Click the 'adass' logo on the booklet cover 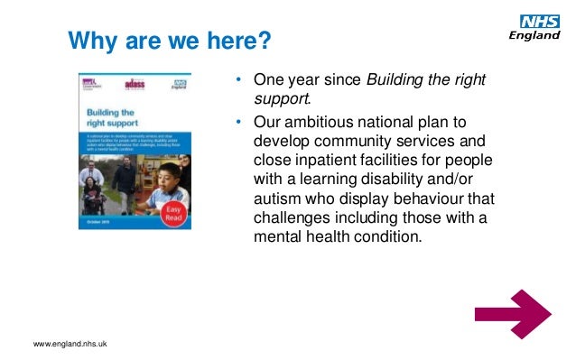point(135,83)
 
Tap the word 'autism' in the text point(277,198)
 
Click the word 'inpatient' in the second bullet point(326,161)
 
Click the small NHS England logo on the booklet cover point(181,83)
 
